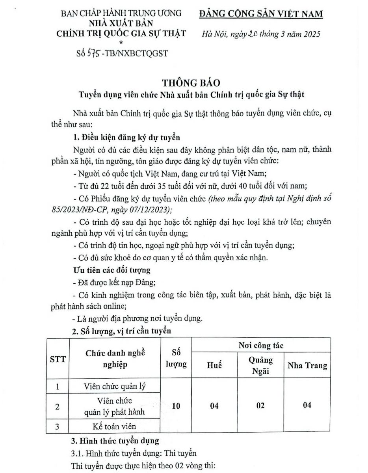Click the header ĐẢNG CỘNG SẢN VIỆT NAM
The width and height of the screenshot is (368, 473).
click(261, 14)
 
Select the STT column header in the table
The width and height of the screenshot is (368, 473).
click(58, 359)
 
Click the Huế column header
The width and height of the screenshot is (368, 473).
click(214, 365)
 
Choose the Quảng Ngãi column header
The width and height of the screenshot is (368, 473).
click(260, 365)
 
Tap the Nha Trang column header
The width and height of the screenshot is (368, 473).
click(307, 365)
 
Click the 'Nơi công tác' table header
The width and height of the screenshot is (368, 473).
click(260, 346)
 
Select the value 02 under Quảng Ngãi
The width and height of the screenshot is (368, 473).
click(260, 406)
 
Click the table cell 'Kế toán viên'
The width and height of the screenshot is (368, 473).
click(115, 426)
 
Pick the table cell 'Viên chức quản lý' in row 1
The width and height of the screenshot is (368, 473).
click(115, 386)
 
